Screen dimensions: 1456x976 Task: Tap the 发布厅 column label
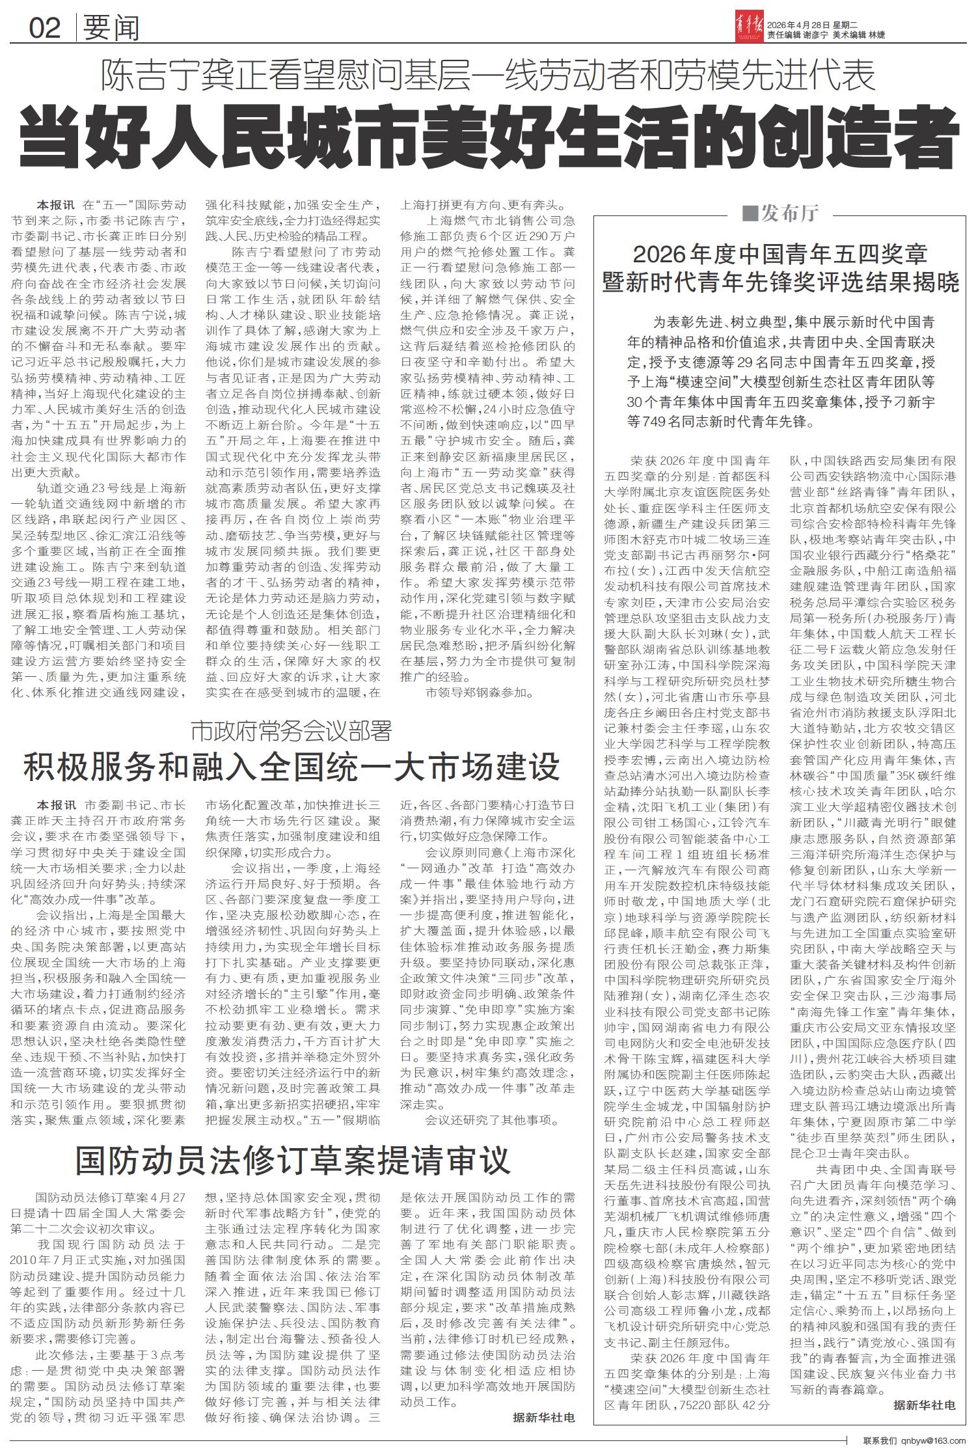(x=787, y=213)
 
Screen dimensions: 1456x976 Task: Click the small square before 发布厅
(x=749, y=213)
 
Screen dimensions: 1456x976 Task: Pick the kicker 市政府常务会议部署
(x=291, y=731)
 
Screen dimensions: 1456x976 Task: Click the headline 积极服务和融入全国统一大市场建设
(x=291, y=765)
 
